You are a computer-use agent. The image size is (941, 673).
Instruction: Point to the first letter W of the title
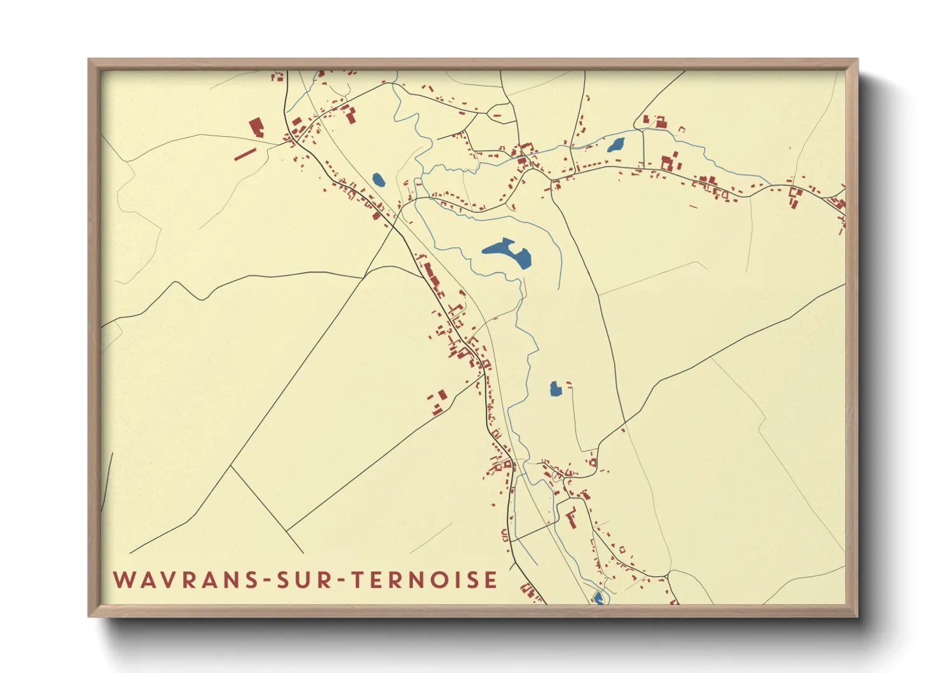point(123,580)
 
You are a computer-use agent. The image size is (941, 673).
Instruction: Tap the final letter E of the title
point(491,580)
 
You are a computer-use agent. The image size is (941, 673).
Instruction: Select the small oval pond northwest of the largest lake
point(378,180)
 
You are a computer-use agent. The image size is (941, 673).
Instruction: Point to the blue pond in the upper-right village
point(615,145)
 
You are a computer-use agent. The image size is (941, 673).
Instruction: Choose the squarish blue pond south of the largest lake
point(556,389)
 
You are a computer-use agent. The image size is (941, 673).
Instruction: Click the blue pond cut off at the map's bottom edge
point(598,598)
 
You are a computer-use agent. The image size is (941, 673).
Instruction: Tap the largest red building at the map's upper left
point(257,127)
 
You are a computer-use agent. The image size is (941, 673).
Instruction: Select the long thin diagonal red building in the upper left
point(245,154)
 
